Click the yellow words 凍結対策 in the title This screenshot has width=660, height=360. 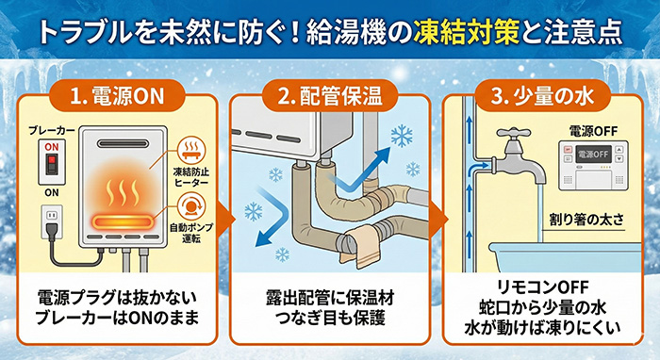(x=467, y=33)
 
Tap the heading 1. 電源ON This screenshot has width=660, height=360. (x=117, y=96)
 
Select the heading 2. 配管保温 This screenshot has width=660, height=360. (x=330, y=96)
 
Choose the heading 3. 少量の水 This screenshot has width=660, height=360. (x=542, y=96)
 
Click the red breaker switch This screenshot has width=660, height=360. (x=52, y=161)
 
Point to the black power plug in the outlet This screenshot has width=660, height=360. (x=52, y=229)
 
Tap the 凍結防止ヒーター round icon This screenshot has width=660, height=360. (x=191, y=150)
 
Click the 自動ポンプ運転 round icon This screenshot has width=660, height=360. (x=191, y=206)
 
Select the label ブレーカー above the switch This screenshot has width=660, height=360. (x=52, y=130)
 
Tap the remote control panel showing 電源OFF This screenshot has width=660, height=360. (x=593, y=166)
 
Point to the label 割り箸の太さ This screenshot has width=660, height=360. (x=586, y=220)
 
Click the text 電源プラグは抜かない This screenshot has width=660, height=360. (x=118, y=298)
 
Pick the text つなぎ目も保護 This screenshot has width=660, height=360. (x=330, y=318)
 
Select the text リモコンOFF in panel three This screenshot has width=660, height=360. (x=542, y=287)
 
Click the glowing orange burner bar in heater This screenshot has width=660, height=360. (x=122, y=221)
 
